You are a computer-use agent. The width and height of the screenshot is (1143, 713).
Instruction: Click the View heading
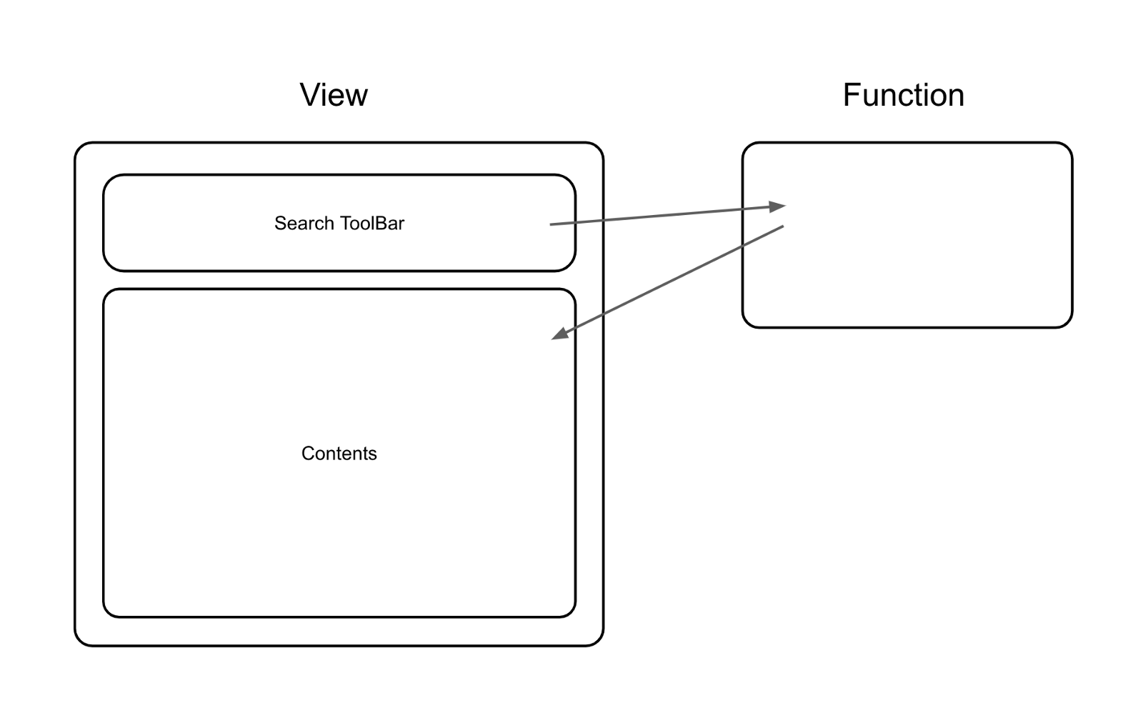334,95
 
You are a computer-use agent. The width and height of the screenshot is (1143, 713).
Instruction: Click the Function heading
903,95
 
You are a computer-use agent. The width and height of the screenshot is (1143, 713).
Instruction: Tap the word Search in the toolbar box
304,224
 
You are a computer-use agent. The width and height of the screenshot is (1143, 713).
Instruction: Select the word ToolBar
371,224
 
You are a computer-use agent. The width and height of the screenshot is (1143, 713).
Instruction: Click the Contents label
339,454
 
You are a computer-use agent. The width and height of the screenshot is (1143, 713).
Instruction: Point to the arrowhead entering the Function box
778,207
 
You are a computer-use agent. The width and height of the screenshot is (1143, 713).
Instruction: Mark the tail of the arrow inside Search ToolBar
551,224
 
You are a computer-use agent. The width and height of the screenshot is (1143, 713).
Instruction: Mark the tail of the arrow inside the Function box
782,227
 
